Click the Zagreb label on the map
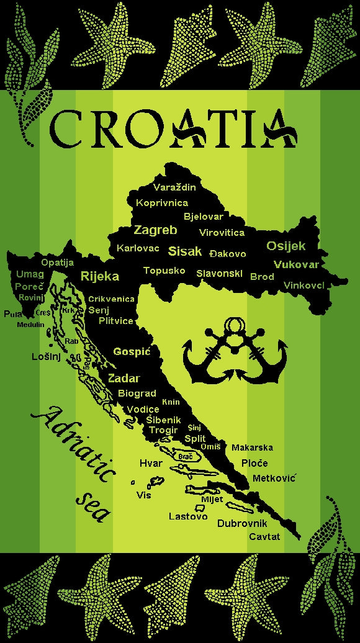[156, 230]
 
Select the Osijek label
[286, 246]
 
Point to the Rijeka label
[100, 277]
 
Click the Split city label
[195, 438]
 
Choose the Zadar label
[124, 379]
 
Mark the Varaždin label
[175, 187]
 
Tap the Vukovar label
[296, 264]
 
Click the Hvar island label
[151, 463]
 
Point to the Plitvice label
[116, 321]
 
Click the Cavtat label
[264, 536]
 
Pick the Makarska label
[252, 447]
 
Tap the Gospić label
[132, 352]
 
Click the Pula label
[12, 314]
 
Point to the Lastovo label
[188, 516]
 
